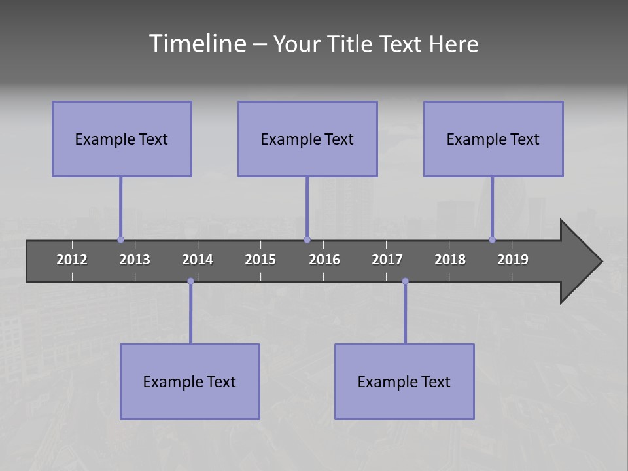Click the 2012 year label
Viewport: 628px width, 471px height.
coord(72,260)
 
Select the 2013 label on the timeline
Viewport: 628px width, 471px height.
coord(135,260)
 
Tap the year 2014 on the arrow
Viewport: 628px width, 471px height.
coord(198,260)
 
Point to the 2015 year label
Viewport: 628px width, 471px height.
coord(260,260)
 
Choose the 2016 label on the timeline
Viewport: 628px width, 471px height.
coord(324,260)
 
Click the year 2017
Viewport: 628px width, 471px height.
coord(387,260)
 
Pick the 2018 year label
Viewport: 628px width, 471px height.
coord(450,260)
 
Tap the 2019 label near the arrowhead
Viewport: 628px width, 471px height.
coord(513,260)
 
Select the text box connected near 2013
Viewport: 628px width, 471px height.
coord(122,139)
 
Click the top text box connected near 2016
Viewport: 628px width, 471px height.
coord(307,139)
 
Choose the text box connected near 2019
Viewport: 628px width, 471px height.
coord(493,139)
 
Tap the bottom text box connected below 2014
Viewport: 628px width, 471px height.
coord(190,381)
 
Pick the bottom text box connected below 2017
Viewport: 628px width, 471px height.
coord(404,381)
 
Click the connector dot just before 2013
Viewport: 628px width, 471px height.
coord(120,240)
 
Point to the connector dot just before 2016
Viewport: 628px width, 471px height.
coord(307,240)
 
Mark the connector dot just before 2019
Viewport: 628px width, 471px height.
coord(492,240)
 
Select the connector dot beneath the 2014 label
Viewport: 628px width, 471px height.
coord(190,281)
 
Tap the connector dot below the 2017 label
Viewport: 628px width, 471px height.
coord(405,281)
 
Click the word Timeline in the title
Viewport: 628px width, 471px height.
coord(197,44)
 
